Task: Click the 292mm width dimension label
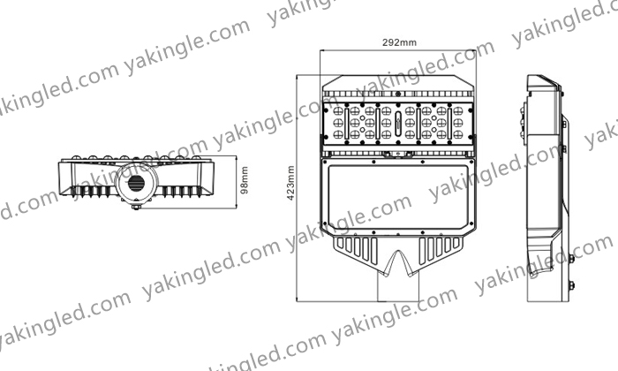tap(399, 42)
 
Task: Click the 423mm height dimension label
tap(290, 183)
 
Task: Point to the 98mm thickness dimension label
tap(245, 180)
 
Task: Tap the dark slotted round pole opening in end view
tap(136, 183)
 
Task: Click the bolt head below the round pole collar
tap(136, 206)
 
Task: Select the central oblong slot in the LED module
tap(397, 122)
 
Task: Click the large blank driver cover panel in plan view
tap(398, 197)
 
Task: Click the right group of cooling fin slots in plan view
tap(440, 248)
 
